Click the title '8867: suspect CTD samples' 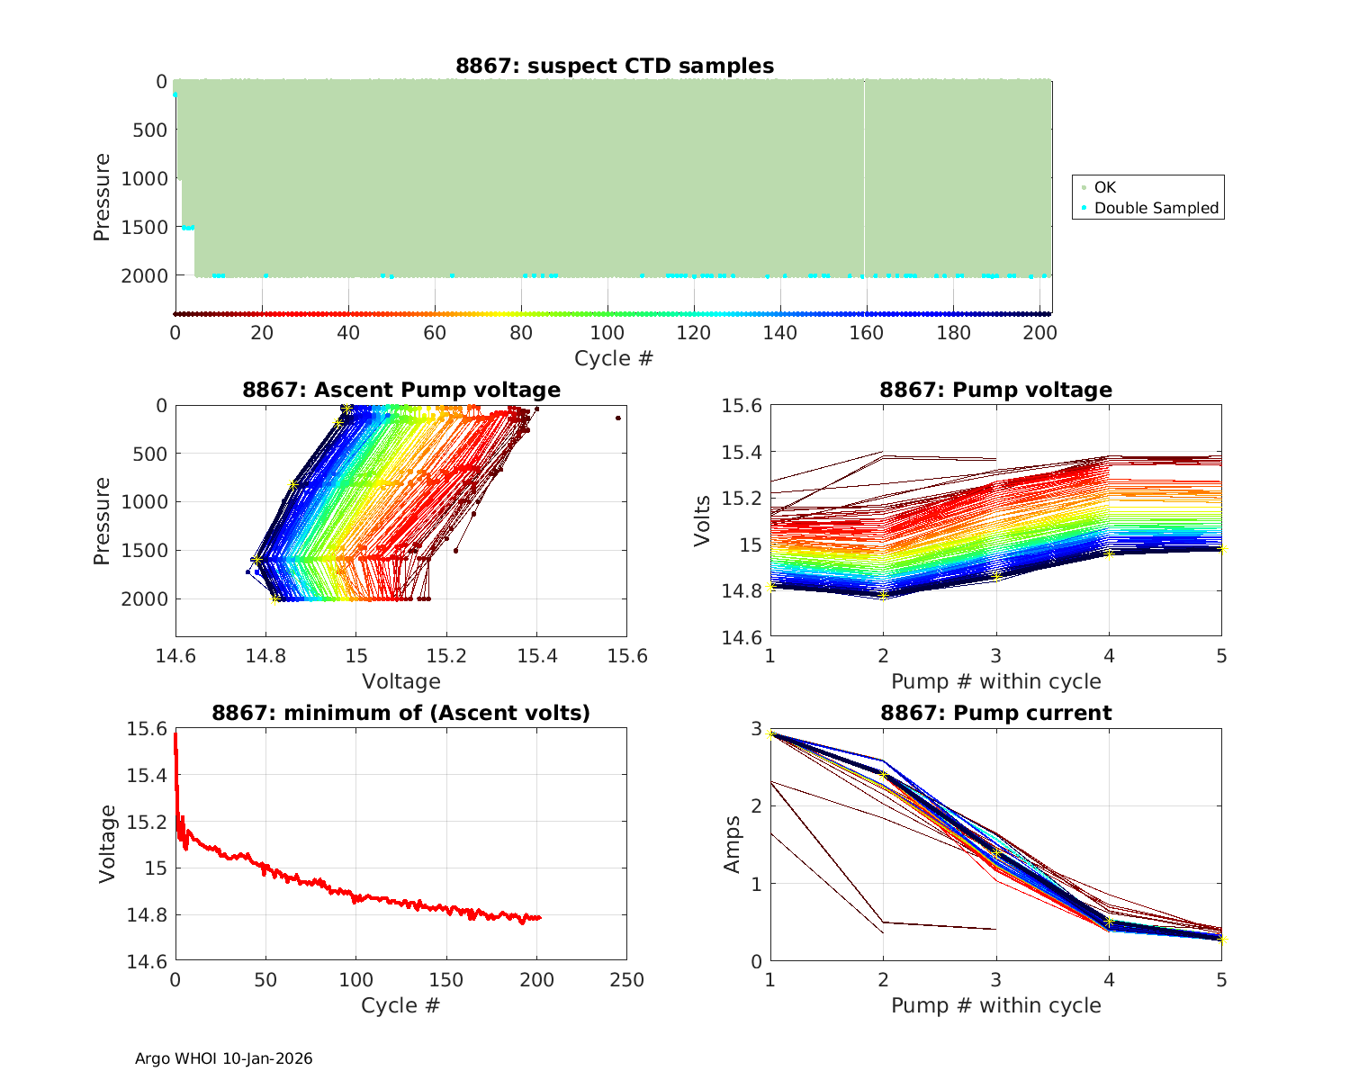coord(615,66)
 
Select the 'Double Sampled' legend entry coord(1156,208)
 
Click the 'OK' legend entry coord(1104,187)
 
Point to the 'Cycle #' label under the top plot coord(614,358)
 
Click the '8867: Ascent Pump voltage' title coord(401,390)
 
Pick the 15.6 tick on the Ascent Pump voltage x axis coord(627,655)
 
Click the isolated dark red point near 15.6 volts coord(618,418)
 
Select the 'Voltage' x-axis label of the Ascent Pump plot coord(401,681)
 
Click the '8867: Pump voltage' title coord(996,390)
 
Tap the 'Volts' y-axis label coord(703,520)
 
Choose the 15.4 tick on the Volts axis coord(742,452)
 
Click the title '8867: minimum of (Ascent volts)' coord(401,713)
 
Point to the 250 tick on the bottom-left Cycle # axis coord(627,979)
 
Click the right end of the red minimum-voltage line coord(540,918)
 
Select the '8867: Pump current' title coord(996,713)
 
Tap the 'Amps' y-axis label coord(733,844)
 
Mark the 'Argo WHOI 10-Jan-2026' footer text coord(223,1058)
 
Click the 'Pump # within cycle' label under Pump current coord(996,1005)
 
